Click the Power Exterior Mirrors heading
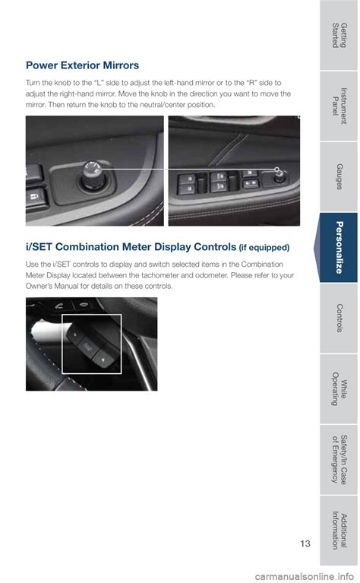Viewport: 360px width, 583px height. [x=82, y=65]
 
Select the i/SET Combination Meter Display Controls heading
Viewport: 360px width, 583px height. [x=131, y=247]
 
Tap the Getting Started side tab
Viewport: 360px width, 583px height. [x=339, y=35]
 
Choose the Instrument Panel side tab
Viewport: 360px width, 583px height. [x=339, y=106]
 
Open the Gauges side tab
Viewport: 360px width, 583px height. [x=339, y=176]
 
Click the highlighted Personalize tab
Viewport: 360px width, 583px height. [x=339, y=248]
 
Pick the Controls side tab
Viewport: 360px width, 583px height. [x=339, y=318]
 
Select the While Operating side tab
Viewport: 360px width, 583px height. [x=339, y=389]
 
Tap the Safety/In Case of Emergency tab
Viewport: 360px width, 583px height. [x=339, y=460]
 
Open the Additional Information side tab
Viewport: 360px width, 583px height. [x=339, y=531]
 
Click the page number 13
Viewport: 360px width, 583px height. [x=305, y=543]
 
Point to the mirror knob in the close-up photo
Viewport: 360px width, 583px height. [x=91, y=175]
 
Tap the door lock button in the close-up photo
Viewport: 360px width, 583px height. [x=36, y=197]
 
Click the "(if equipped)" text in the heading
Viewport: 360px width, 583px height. [x=264, y=248]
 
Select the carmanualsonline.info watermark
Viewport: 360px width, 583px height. [x=305, y=577]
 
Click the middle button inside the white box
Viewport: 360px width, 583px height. [x=87, y=347]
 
